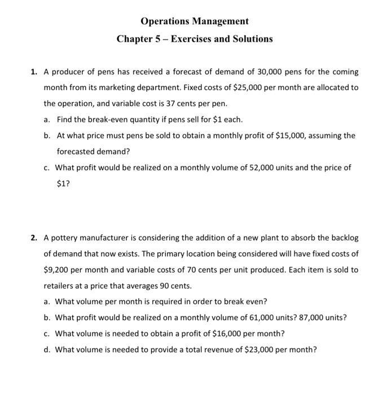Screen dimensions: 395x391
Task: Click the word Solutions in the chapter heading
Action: point(249,39)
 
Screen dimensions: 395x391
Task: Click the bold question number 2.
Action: point(34,238)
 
